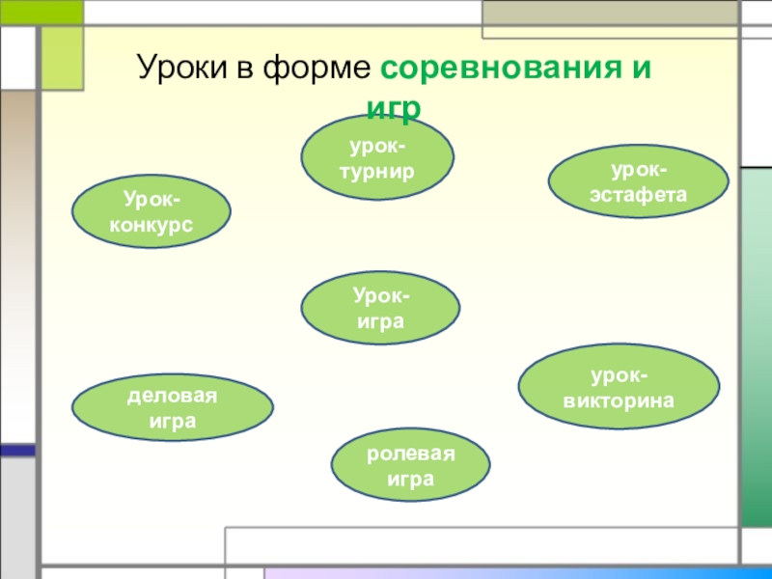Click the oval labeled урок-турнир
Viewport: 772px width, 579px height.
(377, 158)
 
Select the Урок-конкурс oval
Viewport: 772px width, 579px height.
(152, 212)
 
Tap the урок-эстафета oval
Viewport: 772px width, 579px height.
(638, 182)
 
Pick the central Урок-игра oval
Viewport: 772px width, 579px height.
(380, 307)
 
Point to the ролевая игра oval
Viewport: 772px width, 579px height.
(410, 467)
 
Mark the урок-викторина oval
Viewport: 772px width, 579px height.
(619, 387)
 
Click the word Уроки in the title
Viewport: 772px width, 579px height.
(180, 70)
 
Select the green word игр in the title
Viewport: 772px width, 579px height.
(393, 107)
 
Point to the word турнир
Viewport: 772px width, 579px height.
(377, 171)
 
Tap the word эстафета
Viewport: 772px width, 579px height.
(638, 194)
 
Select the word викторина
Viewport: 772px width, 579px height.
(619, 399)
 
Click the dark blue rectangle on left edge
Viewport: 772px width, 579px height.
(16, 451)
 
